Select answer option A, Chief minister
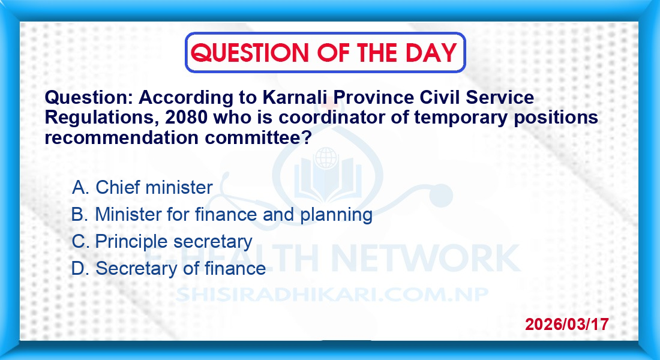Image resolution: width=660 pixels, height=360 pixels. coord(142,187)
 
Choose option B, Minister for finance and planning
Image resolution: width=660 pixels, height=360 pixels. coord(222,215)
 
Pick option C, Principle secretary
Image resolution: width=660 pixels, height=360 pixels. coord(161,242)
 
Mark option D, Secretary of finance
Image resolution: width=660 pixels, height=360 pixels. coord(169,268)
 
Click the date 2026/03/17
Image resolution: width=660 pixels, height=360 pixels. coord(566,324)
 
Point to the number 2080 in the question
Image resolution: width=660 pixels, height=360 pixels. coord(187,118)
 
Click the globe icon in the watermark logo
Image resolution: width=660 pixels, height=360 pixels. coord(326,157)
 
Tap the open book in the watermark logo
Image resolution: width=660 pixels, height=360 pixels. coord(328,181)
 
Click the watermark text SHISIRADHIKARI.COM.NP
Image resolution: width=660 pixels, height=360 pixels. coord(332,295)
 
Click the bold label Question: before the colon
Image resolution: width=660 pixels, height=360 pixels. coord(86,98)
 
